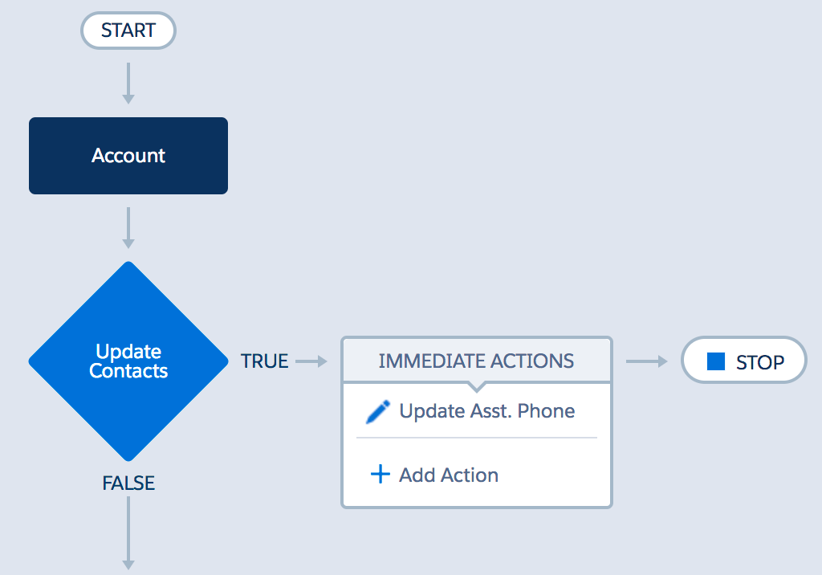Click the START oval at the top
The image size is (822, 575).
click(128, 31)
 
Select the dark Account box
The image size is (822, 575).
click(128, 156)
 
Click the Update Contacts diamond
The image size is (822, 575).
click(128, 361)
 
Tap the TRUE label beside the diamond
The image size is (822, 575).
click(264, 361)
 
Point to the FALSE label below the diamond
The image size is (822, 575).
click(128, 483)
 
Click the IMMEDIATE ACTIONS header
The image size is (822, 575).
click(477, 361)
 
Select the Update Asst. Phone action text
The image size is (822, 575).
click(487, 411)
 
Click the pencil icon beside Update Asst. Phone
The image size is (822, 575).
click(378, 412)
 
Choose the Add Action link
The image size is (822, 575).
click(449, 475)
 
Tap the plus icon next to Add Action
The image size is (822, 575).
click(380, 475)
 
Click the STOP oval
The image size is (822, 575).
click(744, 360)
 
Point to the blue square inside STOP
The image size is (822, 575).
click(715, 361)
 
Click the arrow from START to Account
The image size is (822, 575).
click(128, 84)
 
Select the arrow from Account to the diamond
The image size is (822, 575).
click(128, 228)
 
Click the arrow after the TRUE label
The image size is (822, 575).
click(311, 361)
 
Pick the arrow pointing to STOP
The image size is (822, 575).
click(647, 361)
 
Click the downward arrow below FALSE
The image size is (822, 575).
click(128, 533)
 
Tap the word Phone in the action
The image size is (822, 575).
click(546, 411)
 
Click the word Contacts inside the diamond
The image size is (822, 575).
click(128, 371)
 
